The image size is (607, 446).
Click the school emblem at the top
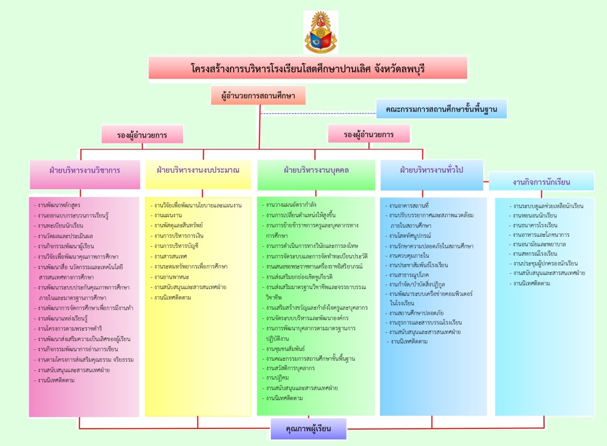pyautogui.click(x=321, y=33)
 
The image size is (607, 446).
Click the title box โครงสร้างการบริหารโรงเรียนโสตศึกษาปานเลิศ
pyautogui.click(x=308, y=68)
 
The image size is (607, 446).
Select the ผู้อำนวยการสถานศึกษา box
pyautogui.click(x=259, y=95)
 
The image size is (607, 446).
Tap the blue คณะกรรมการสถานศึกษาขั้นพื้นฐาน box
pyautogui.click(x=441, y=109)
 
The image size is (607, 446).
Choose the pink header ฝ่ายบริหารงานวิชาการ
pyautogui.click(x=85, y=170)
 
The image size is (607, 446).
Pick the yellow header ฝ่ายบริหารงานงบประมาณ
pyautogui.click(x=198, y=170)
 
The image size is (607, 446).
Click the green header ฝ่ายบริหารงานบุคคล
pyautogui.click(x=316, y=170)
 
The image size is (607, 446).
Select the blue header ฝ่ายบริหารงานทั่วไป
pyautogui.click(x=432, y=170)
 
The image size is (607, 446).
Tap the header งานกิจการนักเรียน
pyautogui.click(x=541, y=182)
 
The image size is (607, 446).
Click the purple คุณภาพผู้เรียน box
pyautogui.click(x=308, y=429)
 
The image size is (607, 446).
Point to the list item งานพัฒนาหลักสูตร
pyautogui.click(x=59, y=205)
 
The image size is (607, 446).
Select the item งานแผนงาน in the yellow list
pyautogui.click(x=167, y=216)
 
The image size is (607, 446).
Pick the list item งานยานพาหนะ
pyautogui.click(x=171, y=276)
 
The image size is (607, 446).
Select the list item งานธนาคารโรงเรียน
pyautogui.click(x=535, y=226)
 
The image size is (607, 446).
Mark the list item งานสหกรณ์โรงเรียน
pyautogui.click(x=535, y=254)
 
